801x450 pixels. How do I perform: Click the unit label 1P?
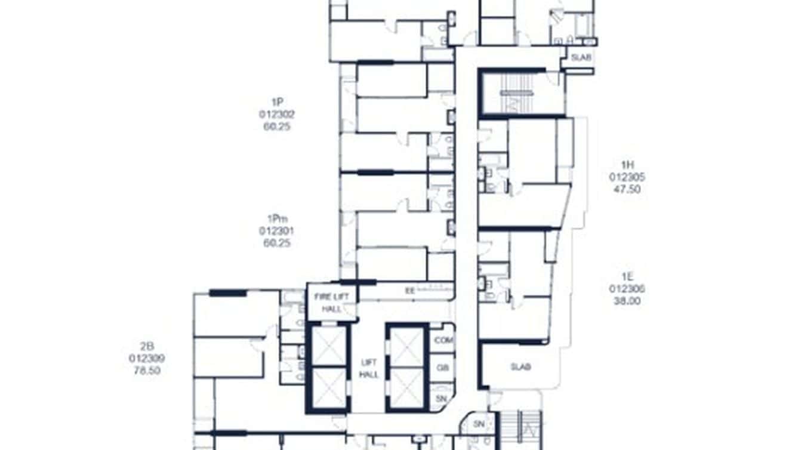pos(276,102)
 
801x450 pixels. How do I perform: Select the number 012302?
pos(276,114)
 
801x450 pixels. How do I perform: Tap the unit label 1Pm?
pos(276,218)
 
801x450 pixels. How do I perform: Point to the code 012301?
pos(276,230)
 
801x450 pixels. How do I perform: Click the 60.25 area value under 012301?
pos(276,243)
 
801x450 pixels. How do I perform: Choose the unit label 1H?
pos(627,165)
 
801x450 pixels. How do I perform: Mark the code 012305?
pos(627,177)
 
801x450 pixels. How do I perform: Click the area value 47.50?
pos(627,189)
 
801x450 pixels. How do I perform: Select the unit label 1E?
pos(627,276)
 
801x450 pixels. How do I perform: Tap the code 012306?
pos(627,288)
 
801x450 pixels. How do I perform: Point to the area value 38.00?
pos(627,301)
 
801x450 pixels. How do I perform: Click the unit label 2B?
pos(147,346)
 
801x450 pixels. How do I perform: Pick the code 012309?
pos(147,358)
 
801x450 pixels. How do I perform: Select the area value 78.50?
pos(147,371)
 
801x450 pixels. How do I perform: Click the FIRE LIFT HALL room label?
pos(332,303)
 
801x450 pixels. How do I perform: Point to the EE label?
pos(409,291)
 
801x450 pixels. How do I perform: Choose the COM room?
pos(443,340)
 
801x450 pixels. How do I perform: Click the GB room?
pos(443,369)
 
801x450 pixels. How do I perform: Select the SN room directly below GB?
pos(442,397)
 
